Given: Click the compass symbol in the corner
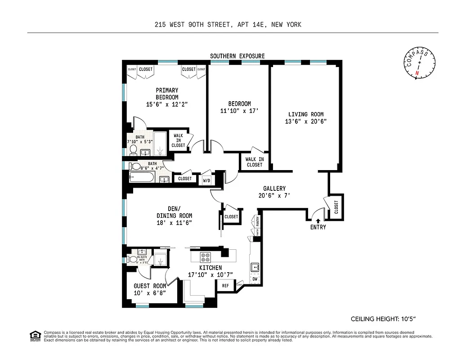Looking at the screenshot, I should pos(419,64).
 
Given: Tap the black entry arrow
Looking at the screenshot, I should pos(318,220).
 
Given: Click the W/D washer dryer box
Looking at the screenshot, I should pos(206,180).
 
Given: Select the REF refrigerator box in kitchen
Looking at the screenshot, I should pos(225,285).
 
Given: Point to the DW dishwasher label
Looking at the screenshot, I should pos(255,279).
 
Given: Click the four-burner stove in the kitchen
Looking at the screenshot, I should pos(206,257).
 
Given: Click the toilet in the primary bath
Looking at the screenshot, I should pos(133,148).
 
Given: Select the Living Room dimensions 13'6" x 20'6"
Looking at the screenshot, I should pos(305,121).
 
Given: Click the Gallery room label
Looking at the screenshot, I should pos(274,189).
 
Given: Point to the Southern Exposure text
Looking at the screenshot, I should pos(237,56).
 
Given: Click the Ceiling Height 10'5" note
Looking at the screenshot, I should pos(383,319).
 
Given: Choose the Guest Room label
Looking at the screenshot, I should pos(150,286).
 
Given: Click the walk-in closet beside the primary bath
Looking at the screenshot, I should pos(178,140).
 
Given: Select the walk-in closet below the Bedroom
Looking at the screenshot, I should pos(254,162).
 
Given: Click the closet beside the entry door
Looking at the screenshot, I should pos(336,207).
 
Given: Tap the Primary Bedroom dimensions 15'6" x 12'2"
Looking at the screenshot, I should pos(167,104).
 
